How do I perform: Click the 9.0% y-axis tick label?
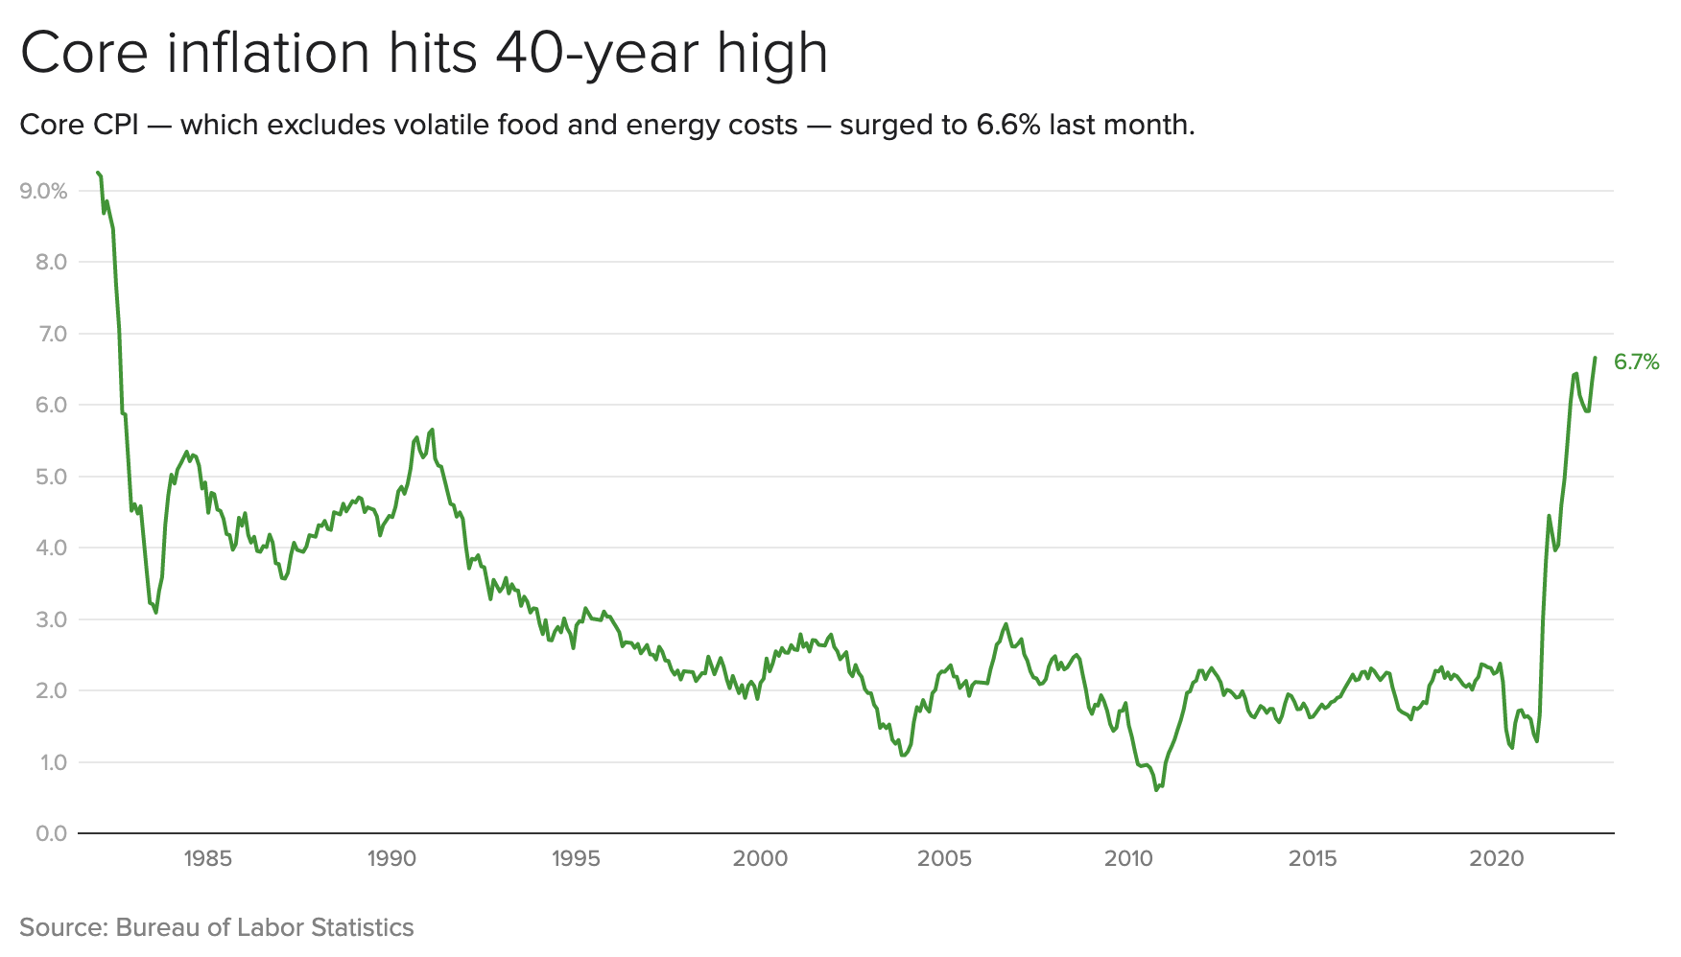point(44,192)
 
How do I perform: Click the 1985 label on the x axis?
point(208,859)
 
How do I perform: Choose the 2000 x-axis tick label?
point(760,859)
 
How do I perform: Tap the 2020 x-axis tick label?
point(1497,859)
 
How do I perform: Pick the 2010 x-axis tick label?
point(1128,859)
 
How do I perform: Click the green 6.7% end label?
point(1636,362)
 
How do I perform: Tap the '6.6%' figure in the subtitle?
point(1008,126)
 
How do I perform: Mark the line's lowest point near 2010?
point(1156,790)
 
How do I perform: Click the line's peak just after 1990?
point(433,430)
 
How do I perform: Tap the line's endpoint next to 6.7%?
point(1595,358)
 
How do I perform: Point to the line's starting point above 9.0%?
point(97,173)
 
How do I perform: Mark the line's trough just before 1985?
point(155,613)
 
